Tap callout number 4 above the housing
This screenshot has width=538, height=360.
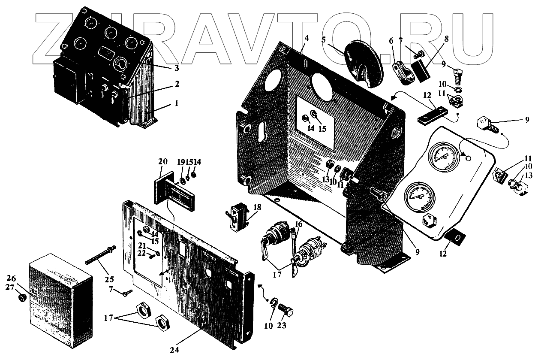[306, 38]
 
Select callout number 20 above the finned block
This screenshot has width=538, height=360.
[163, 162]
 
